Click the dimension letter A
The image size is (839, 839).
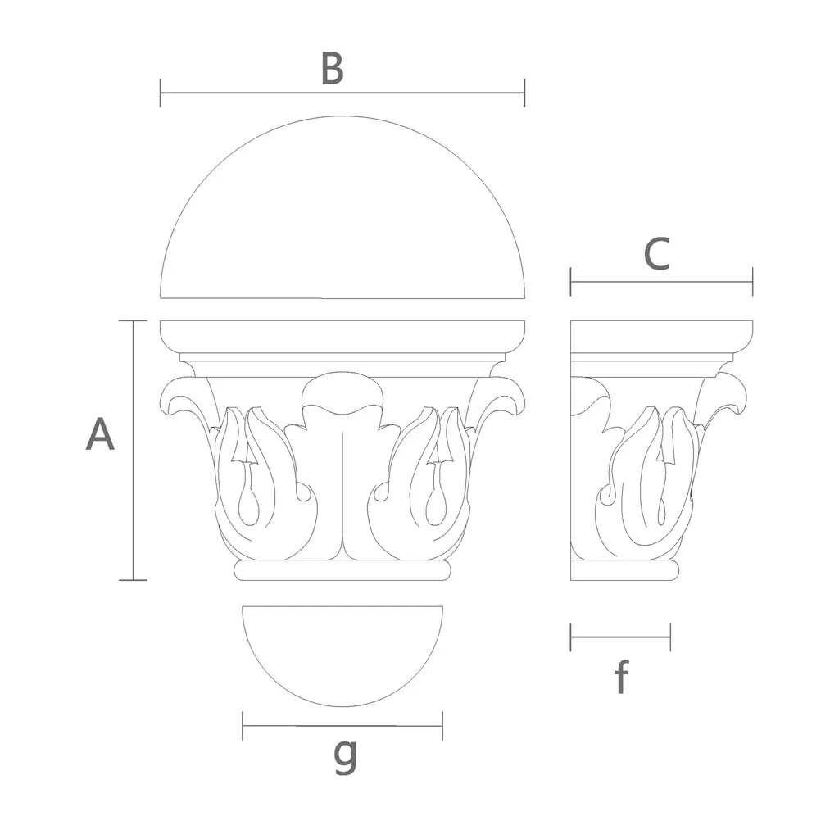(100, 434)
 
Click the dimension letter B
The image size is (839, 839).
(332, 69)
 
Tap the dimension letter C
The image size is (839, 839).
(656, 254)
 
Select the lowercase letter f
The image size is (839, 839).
(621, 676)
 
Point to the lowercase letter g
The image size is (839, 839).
(345, 755)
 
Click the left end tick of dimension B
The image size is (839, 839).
(160, 93)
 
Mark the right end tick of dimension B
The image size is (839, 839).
(524, 93)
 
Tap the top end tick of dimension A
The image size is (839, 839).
(133, 321)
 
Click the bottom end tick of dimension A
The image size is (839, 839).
(133, 579)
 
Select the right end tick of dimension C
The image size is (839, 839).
(752, 282)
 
